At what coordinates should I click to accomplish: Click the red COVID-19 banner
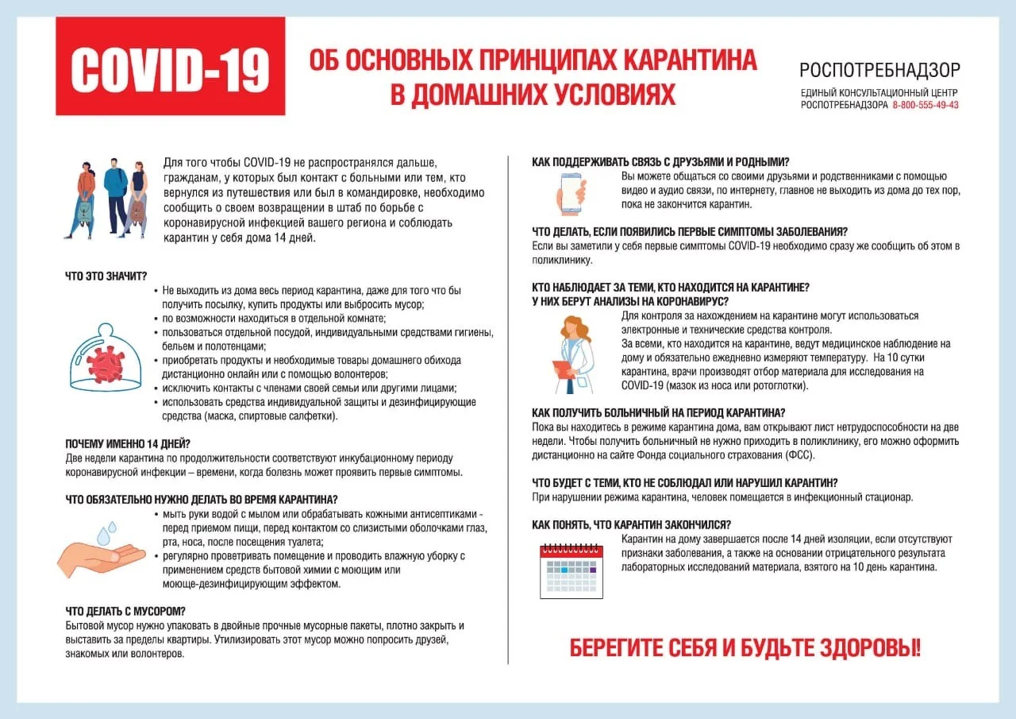tap(170, 67)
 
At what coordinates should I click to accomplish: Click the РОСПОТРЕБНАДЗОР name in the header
tap(879, 71)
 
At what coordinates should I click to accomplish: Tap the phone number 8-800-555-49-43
tap(926, 105)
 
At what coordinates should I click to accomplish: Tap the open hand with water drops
tap(101, 551)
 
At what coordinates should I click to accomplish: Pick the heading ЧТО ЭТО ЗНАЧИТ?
tap(106, 276)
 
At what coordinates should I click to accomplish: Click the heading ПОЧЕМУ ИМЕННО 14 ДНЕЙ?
tap(128, 443)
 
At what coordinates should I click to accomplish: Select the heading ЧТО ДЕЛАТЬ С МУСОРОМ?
tap(125, 611)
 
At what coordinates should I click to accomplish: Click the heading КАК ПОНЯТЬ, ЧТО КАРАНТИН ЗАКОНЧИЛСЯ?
tap(631, 524)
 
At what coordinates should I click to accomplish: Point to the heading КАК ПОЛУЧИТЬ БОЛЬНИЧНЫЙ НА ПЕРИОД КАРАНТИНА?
tap(658, 412)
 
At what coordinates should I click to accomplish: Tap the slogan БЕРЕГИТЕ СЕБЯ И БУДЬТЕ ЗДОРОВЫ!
tap(745, 647)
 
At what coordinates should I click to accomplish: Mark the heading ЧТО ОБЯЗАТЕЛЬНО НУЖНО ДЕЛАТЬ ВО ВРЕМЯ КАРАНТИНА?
tap(202, 500)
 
